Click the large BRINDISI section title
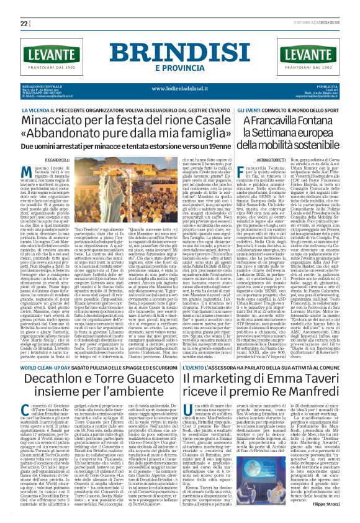point(179,52)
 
